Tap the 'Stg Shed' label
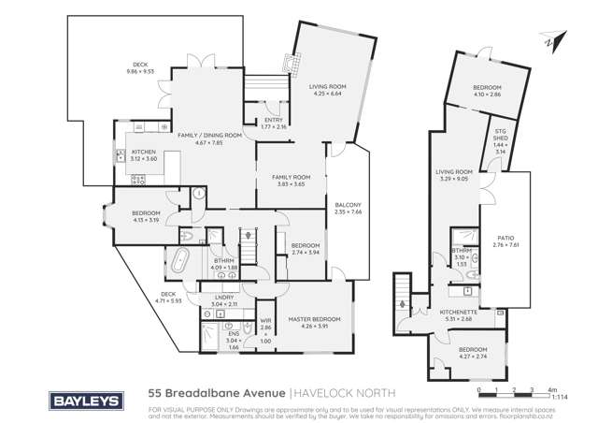click(x=500, y=142)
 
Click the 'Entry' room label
click(x=274, y=120)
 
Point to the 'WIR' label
click(x=265, y=320)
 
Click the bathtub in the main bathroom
click(x=180, y=259)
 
